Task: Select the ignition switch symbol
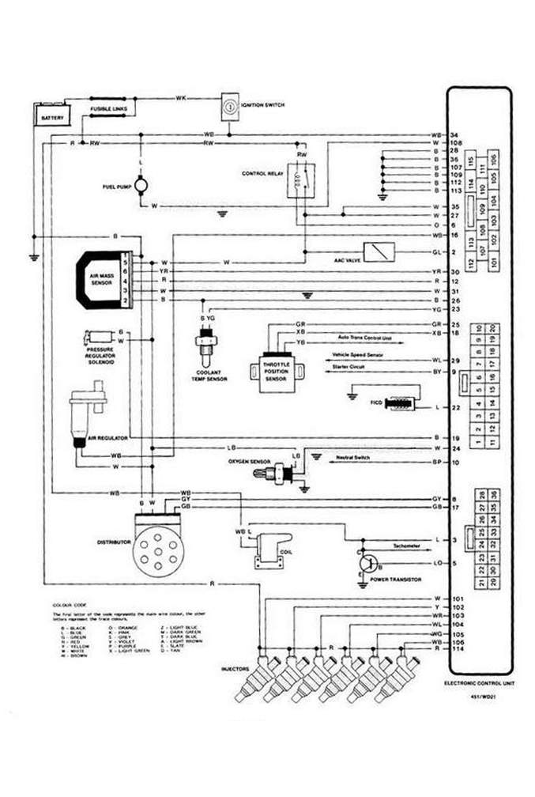click(228, 106)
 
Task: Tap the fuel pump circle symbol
click(141, 185)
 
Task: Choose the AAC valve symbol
click(379, 251)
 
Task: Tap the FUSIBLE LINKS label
click(105, 108)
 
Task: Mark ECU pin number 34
click(455, 134)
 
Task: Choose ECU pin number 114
click(457, 649)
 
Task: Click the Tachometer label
click(405, 546)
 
